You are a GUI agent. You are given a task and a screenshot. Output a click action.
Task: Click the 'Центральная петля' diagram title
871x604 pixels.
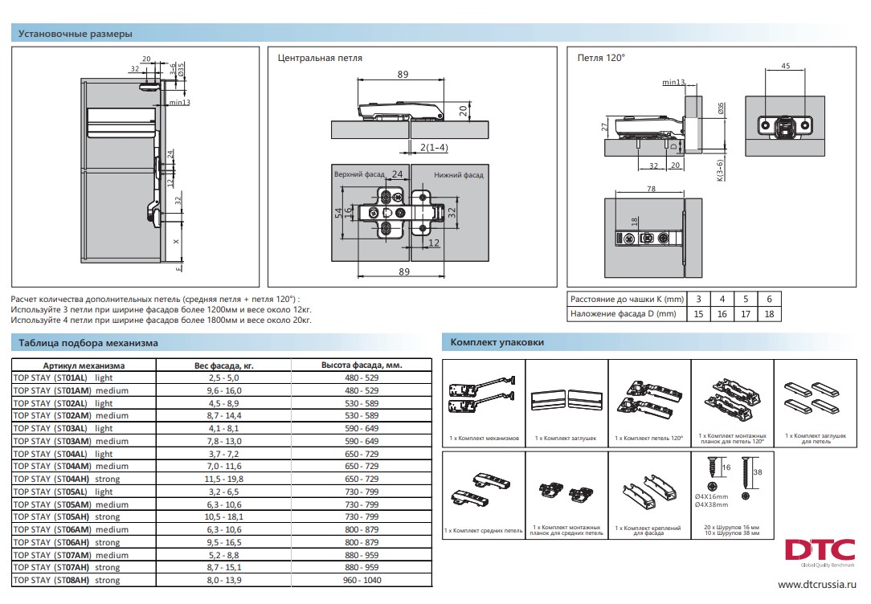pyautogui.click(x=320, y=58)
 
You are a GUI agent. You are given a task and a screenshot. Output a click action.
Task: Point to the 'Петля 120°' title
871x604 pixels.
pyautogui.click(x=601, y=58)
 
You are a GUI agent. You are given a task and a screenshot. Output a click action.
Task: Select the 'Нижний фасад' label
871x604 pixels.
pyautogui.click(x=459, y=174)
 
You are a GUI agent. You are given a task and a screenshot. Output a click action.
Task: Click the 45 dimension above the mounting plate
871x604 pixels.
pyautogui.click(x=785, y=67)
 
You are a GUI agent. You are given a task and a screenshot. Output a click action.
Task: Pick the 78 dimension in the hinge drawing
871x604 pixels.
pyautogui.click(x=650, y=189)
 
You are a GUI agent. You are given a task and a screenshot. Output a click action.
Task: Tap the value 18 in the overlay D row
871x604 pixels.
pyautogui.click(x=769, y=314)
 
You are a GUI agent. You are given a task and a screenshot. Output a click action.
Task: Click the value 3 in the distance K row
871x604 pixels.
pyautogui.click(x=698, y=298)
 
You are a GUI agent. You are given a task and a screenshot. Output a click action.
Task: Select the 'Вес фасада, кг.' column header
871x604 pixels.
pyautogui.click(x=224, y=365)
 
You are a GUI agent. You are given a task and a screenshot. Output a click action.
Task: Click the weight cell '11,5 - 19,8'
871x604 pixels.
pyautogui.click(x=224, y=479)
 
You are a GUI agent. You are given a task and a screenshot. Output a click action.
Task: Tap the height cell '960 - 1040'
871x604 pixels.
pyautogui.click(x=361, y=580)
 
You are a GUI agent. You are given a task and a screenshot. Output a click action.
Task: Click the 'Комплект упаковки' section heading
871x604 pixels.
pyautogui.click(x=497, y=342)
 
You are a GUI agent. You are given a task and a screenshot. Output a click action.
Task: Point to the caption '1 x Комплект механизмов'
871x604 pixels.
pyautogui.click(x=485, y=439)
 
